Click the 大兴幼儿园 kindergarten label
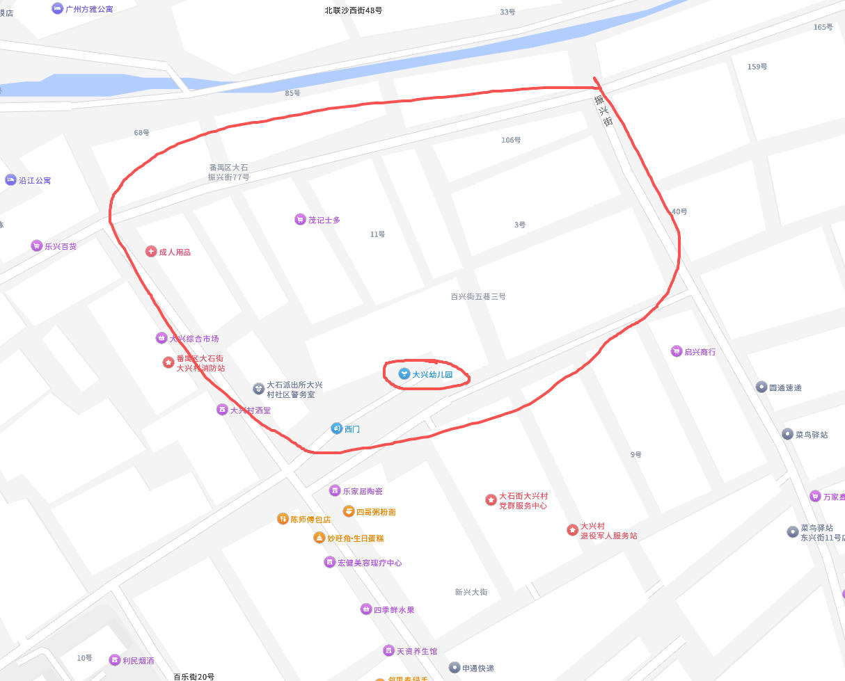(432, 374)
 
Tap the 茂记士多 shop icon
(300, 220)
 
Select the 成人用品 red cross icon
(151, 252)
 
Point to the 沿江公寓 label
(34, 180)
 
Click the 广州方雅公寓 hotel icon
(57, 8)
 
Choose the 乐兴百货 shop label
(61, 246)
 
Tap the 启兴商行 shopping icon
(676, 351)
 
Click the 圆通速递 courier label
(785, 387)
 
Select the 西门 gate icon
(336, 428)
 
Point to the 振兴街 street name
(603, 110)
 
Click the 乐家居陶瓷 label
(362, 491)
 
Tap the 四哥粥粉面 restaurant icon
(348, 511)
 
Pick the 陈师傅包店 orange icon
(283, 519)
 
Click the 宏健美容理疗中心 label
(369, 563)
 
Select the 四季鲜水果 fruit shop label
(393, 610)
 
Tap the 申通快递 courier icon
(455, 668)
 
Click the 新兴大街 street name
(471, 592)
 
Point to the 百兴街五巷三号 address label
(477, 296)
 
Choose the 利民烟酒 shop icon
(115, 660)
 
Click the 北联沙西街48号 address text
(354, 10)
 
